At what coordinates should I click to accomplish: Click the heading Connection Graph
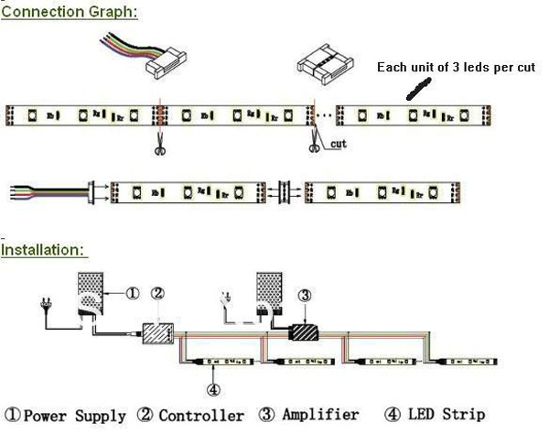point(70,13)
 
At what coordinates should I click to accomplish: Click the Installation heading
point(44,249)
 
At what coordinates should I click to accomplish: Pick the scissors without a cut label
point(159,144)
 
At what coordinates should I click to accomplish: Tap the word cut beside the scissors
point(338,144)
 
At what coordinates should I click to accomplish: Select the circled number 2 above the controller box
point(158,294)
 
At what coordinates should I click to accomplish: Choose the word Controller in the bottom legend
point(203,416)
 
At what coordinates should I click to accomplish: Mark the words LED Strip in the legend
point(446,416)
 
